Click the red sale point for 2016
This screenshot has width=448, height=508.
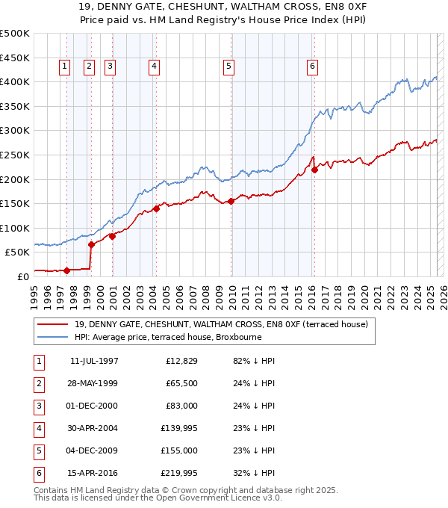314,170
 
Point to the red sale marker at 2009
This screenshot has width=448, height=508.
231,201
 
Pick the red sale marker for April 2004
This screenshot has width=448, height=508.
157,208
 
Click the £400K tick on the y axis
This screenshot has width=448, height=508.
15,81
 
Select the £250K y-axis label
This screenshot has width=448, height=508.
15,155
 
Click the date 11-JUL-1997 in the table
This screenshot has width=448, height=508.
94,361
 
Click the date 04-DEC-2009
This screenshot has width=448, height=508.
93,450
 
